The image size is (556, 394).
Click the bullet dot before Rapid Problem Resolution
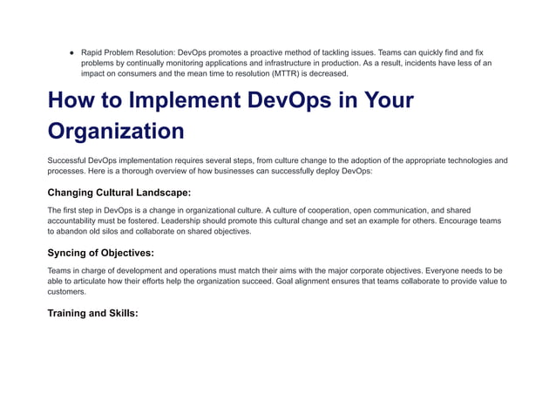coord(72,52)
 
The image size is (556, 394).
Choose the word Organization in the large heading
coord(115,132)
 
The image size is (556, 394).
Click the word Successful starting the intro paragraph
coord(69,160)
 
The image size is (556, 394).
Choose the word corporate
coord(376,271)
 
